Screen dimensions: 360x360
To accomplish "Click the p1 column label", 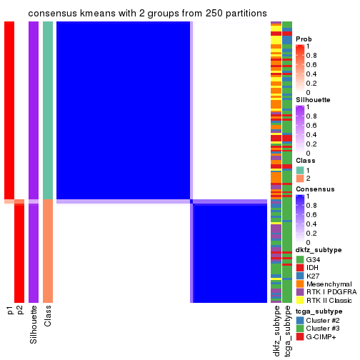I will pos(10,311).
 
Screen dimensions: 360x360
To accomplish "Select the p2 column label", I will pos(20,311).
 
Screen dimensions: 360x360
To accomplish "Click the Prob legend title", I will pos(305,39).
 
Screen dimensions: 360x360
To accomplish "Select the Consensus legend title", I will pos(315,189).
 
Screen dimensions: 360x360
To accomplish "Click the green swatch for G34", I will pos(301,259).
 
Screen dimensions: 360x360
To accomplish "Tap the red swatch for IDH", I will pos(301,267).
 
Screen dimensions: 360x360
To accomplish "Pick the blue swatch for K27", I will pos(301,276).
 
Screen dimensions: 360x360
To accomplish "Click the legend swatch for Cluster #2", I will pos(301,320).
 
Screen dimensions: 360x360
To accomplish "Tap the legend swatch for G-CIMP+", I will pos(301,336).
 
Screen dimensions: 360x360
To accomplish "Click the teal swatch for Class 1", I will pos(301,169).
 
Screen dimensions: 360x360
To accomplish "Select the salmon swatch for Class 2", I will pos(301,178).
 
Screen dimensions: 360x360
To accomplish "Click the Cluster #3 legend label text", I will pos(326,329).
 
